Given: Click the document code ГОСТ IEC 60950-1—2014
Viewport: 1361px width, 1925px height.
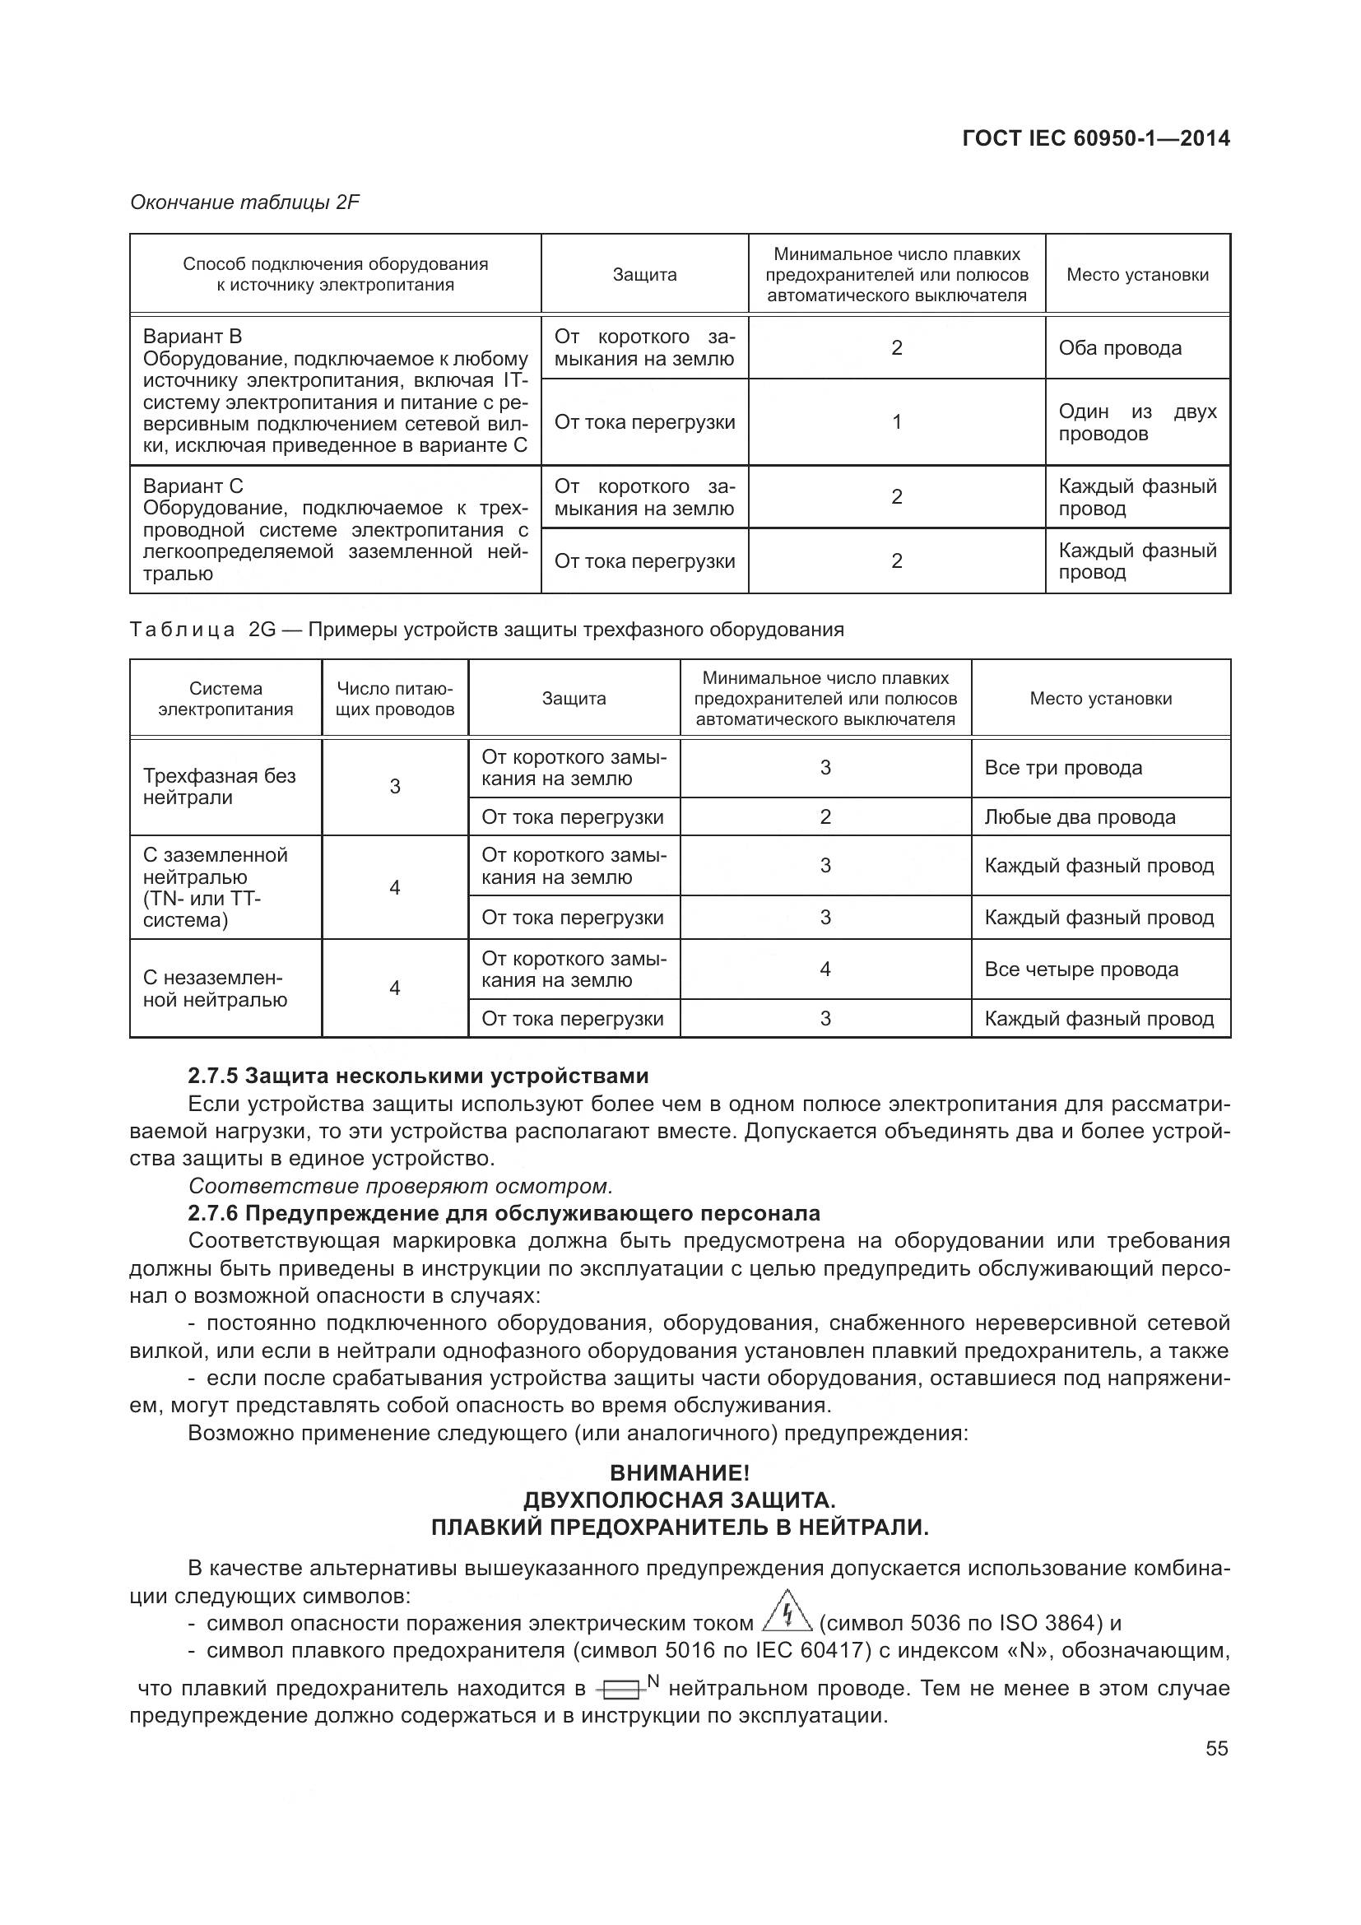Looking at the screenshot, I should pyautogui.click(x=1095, y=138).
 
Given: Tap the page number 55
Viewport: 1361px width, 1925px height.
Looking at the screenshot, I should pyautogui.click(x=1217, y=1748).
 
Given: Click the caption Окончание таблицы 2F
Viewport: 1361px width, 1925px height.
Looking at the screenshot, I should pyautogui.click(x=244, y=202).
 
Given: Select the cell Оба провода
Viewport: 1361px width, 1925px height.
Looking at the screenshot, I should pyautogui.click(x=1120, y=348).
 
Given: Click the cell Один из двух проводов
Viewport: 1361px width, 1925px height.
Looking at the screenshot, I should pyautogui.click(x=1136, y=422).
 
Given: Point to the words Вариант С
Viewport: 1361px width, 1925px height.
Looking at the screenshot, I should pyautogui.click(x=193, y=486).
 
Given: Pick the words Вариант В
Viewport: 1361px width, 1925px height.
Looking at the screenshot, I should pyautogui.click(x=192, y=337).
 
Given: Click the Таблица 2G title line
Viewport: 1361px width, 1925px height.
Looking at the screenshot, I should pyautogui.click(x=486, y=630).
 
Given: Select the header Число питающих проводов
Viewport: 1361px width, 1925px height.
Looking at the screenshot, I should pyautogui.click(x=395, y=700).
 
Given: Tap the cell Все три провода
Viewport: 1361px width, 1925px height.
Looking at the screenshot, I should pyautogui.click(x=1062, y=768).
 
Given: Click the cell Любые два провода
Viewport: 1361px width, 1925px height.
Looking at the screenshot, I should pyautogui.click(x=1080, y=817).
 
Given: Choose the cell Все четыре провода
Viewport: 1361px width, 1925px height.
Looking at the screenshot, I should pyautogui.click(x=1081, y=969).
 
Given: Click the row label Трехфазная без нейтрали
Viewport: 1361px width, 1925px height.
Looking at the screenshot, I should pyautogui.click(x=220, y=787).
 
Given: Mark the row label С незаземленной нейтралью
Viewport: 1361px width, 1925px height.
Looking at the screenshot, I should pyautogui.click(x=215, y=989).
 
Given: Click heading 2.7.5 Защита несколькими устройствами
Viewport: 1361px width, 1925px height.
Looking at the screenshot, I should pyautogui.click(x=418, y=1076).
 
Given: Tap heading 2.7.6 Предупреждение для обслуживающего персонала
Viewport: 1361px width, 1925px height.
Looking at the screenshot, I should pyautogui.click(x=504, y=1213).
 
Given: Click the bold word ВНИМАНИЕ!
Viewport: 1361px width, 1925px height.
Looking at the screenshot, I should pyautogui.click(x=680, y=1473).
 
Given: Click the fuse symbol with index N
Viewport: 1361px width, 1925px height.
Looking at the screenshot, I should pyautogui.click(x=625, y=1686).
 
